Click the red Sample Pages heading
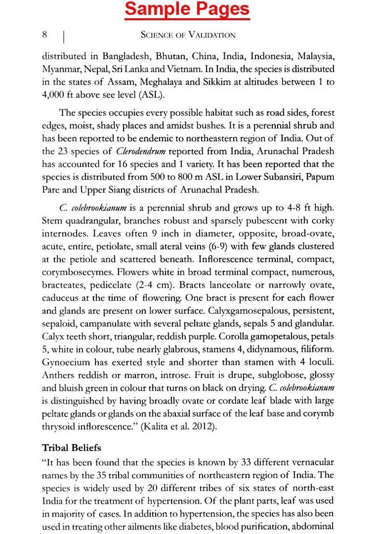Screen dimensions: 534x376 pos(188,9)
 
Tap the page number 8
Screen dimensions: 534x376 pos(44,34)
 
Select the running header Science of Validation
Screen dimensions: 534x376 pos(188,35)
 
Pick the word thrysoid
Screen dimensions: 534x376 pos(59,426)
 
